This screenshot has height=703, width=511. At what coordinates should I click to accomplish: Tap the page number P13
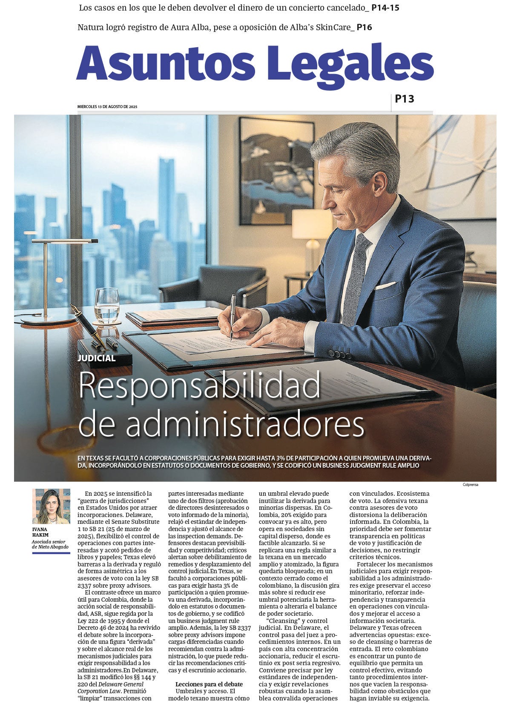click(404, 99)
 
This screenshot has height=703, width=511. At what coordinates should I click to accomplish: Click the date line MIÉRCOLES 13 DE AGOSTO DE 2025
click(107, 107)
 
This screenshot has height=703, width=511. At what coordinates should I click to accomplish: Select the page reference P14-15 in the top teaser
click(385, 8)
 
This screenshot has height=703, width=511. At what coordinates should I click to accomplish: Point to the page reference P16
click(364, 28)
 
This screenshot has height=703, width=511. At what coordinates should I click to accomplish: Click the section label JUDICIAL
click(97, 358)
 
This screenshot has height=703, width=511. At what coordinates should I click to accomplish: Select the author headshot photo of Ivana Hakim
click(51, 506)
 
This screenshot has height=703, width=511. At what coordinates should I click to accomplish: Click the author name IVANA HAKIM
click(40, 532)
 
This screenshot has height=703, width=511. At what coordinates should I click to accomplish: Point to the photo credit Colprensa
click(470, 485)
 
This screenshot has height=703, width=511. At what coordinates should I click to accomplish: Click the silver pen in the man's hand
click(232, 315)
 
